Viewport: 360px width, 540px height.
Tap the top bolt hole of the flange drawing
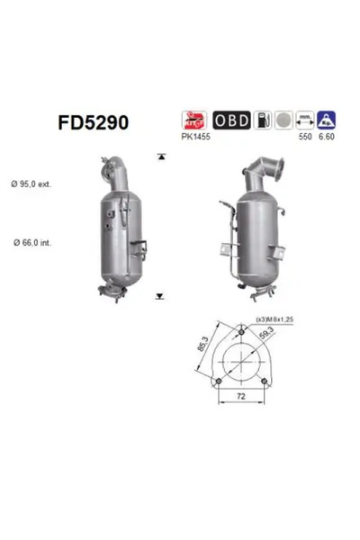point(240,329)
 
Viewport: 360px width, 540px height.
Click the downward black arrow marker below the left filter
point(160,295)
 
